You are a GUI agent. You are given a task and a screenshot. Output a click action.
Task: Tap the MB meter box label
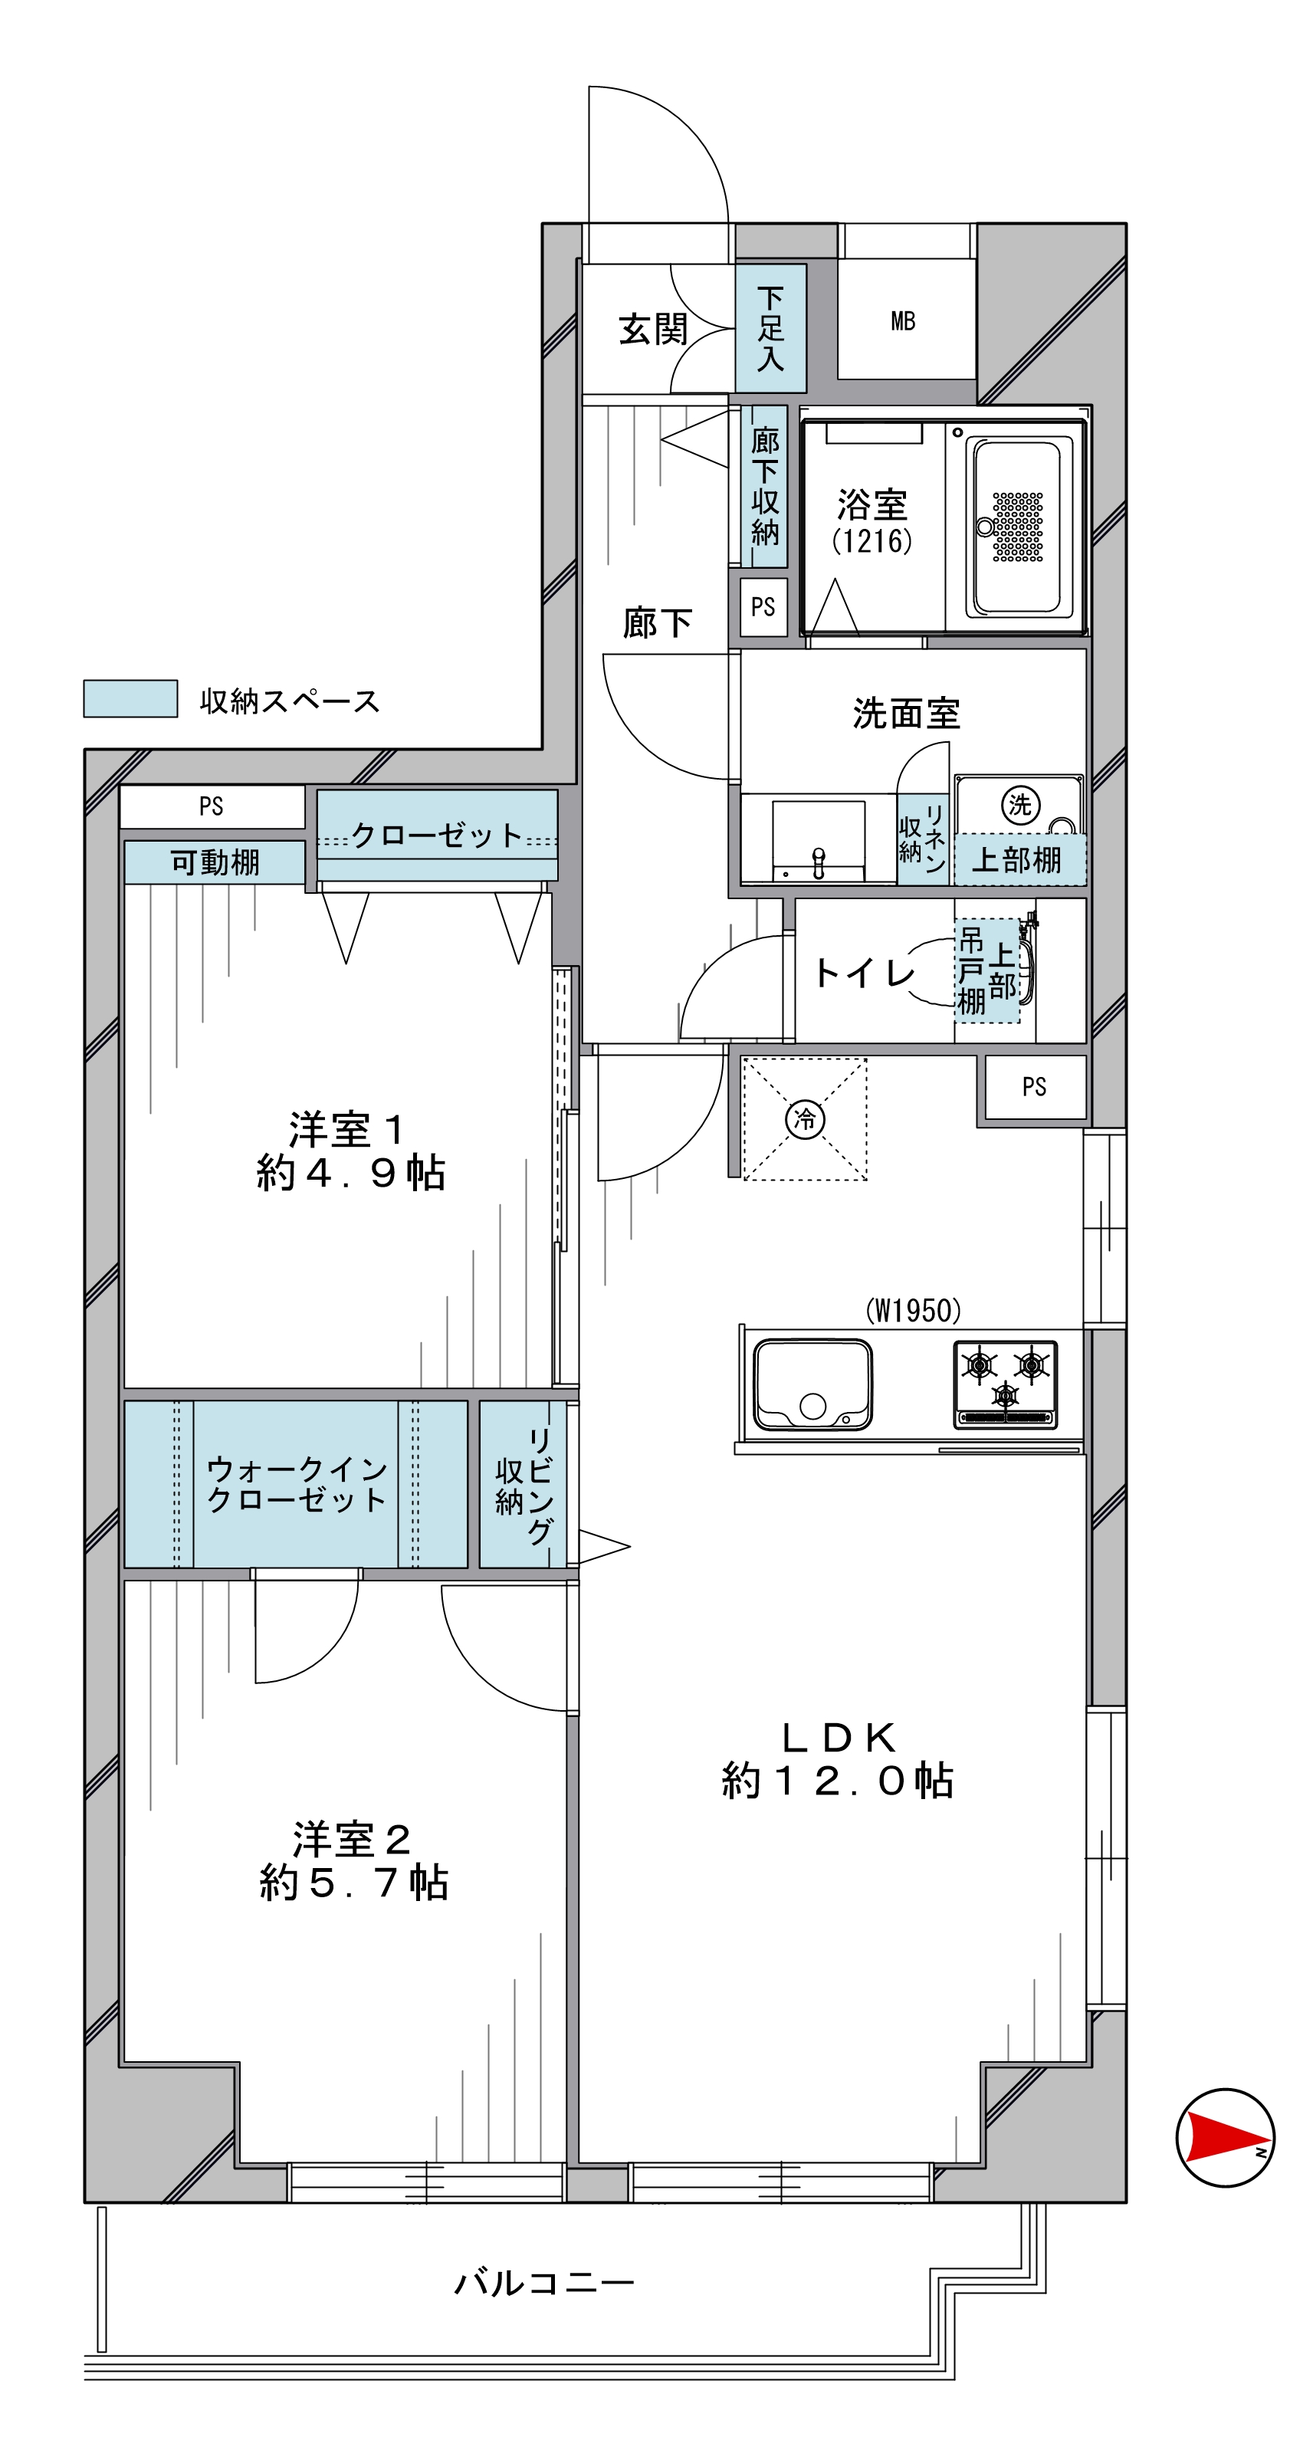click(x=902, y=321)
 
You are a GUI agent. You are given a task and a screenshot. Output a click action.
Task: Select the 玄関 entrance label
click(x=653, y=330)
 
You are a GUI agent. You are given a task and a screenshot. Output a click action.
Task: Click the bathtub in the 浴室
click(x=1017, y=527)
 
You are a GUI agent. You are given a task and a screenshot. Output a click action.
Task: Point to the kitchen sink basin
click(x=812, y=1384)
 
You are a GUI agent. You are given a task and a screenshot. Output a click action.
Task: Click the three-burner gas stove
click(x=1005, y=1384)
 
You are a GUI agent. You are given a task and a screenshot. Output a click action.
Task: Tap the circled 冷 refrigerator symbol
click(x=805, y=1118)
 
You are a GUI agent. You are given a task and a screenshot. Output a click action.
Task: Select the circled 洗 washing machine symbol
click(x=1019, y=805)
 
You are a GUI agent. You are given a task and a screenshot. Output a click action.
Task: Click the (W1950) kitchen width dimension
click(x=913, y=1310)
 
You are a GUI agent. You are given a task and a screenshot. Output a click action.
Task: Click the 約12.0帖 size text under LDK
click(x=837, y=1780)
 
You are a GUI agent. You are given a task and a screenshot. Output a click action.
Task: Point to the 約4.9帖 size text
click(x=351, y=1172)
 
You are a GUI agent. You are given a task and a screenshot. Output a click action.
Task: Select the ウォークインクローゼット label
click(x=297, y=1483)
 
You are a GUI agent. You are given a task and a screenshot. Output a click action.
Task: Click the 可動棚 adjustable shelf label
click(x=215, y=862)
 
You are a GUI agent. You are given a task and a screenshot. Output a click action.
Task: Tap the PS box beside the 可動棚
click(x=212, y=806)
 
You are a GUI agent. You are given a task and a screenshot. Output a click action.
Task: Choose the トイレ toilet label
click(x=863, y=973)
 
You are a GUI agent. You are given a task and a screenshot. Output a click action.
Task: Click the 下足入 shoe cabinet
click(x=770, y=328)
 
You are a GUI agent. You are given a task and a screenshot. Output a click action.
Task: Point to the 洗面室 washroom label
click(x=906, y=713)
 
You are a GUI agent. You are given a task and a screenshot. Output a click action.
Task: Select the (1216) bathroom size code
click(x=872, y=540)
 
